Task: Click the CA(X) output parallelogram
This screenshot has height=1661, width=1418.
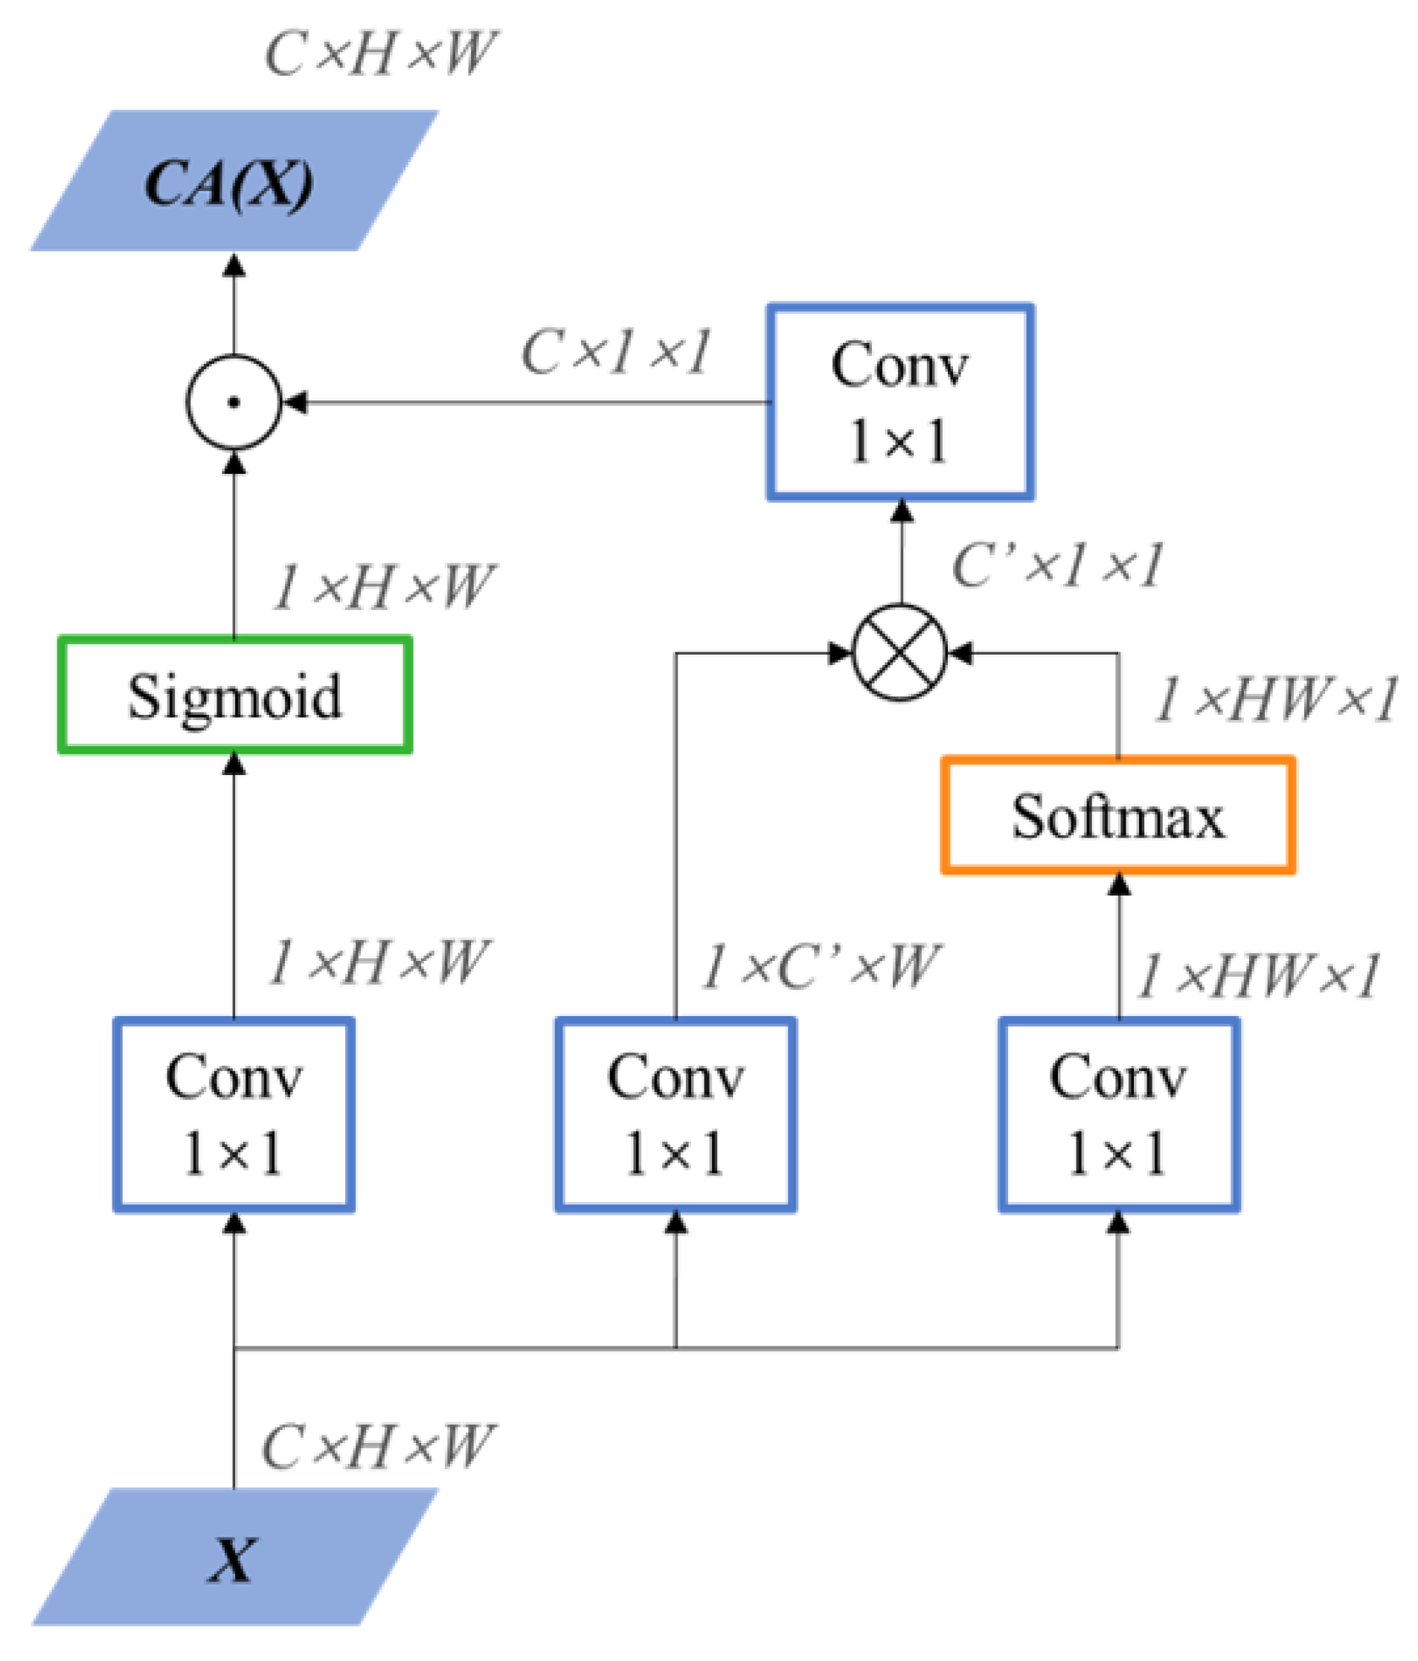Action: pyautogui.click(x=232, y=181)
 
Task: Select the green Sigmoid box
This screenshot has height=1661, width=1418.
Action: pyautogui.click(x=234, y=695)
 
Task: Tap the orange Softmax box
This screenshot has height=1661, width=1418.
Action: pyautogui.click(x=1117, y=815)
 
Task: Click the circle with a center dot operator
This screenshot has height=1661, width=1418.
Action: pyautogui.click(x=234, y=402)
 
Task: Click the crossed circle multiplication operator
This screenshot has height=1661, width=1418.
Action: pyautogui.click(x=899, y=653)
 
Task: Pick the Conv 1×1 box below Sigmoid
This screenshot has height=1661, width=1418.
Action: pyautogui.click(x=234, y=1114)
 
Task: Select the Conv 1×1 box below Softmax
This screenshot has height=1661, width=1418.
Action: pyautogui.click(x=1117, y=1114)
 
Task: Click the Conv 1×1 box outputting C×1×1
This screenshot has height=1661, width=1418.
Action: pyautogui.click(x=899, y=402)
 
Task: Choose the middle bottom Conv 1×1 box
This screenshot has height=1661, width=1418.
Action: pyautogui.click(x=675, y=1114)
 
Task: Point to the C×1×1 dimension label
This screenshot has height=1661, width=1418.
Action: pyautogui.click(x=615, y=352)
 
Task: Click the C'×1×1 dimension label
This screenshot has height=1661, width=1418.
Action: pyautogui.click(x=1056, y=566)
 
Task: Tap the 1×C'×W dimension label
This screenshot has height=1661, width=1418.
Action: pyautogui.click(x=819, y=966)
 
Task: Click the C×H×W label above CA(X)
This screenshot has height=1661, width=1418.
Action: pyautogui.click(x=381, y=54)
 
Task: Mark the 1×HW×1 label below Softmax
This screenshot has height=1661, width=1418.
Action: pyautogui.click(x=1257, y=977)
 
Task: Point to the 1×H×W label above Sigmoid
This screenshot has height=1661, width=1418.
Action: pyautogui.click(x=383, y=587)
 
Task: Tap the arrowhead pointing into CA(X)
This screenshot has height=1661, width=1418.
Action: pyautogui.click(x=234, y=266)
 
